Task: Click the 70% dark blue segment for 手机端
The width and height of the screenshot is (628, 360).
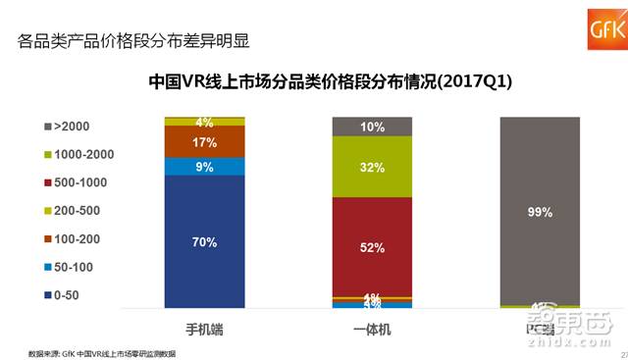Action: click(x=204, y=241)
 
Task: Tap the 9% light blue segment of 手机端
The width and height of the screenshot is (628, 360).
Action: click(x=204, y=166)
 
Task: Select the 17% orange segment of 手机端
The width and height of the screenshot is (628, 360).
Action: click(x=204, y=142)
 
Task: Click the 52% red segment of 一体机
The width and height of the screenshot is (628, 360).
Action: click(x=372, y=247)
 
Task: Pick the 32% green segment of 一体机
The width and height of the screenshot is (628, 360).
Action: click(x=372, y=167)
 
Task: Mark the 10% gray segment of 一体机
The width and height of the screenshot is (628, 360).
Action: click(x=372, y=127)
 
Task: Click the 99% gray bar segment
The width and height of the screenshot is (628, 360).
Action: click(x=540, y=211)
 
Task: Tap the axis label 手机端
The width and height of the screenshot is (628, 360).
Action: click(x=204, y=327)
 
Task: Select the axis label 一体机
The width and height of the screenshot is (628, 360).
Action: click(x=372, y=327)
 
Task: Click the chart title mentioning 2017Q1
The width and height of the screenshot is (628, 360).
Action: click(x=330, y=81)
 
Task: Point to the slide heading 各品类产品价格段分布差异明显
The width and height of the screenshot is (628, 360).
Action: click(x=133, y=41)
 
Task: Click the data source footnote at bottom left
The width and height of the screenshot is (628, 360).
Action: click(x=101, y=351)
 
